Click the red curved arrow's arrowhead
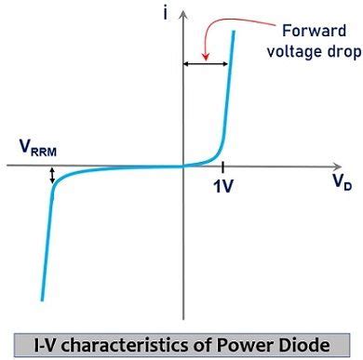207,55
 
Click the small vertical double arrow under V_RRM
52,174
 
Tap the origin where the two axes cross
183,166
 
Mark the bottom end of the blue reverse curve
42,299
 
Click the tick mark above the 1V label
223,166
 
